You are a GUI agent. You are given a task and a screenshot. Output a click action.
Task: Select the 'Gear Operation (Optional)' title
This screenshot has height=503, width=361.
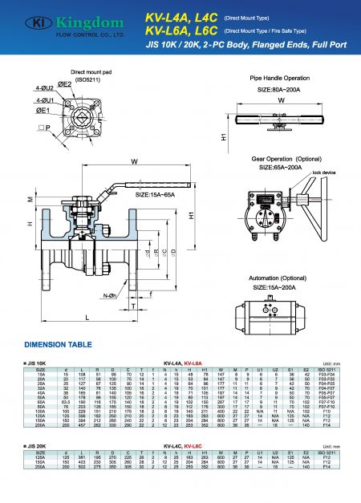[291, 160]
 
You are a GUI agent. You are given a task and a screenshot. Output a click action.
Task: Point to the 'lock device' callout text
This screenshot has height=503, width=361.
[323, 172]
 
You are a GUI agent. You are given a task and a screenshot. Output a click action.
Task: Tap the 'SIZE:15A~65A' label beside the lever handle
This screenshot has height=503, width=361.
[154, 195]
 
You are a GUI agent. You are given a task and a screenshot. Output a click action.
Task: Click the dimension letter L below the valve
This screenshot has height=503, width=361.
[86, 318]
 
